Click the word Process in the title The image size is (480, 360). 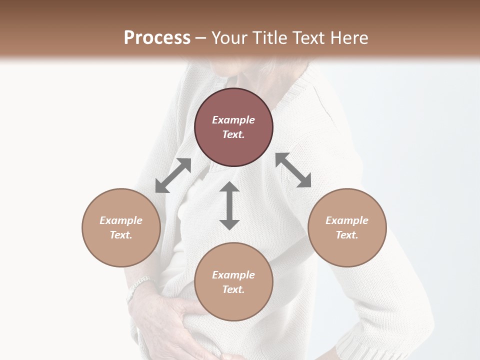[157, 38]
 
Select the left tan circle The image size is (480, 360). [121, 250]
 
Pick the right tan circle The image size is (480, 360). [347, 250]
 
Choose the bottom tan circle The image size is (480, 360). [233, 305]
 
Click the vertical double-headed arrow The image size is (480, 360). [229, 205]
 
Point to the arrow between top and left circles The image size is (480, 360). [173, 175]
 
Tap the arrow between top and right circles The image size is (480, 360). [293, 170]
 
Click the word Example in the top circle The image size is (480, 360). [233, 120]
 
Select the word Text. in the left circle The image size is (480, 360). [121, 235]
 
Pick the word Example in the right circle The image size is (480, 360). [347, 220]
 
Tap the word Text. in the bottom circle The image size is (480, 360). [233, 289]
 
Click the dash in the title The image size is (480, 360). [201, 38]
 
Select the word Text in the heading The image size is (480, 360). [306, 38]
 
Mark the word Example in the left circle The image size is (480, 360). [121, 220]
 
